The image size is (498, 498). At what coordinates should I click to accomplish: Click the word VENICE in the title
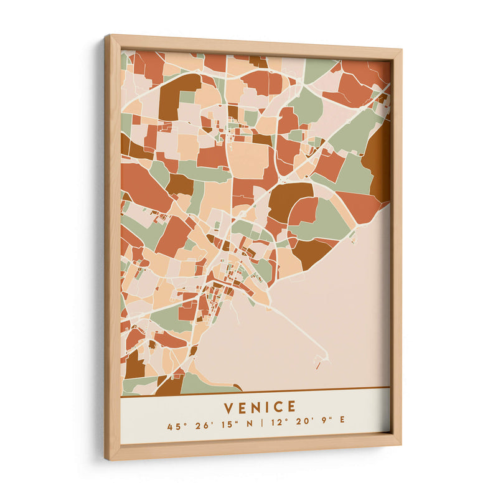(x=260, y=407)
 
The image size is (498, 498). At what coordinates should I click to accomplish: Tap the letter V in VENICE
(x=228, y=407)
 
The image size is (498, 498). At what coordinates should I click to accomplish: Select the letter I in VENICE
(x=266, y=407)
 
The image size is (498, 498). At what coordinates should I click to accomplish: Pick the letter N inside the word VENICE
(x=253, y=407)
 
